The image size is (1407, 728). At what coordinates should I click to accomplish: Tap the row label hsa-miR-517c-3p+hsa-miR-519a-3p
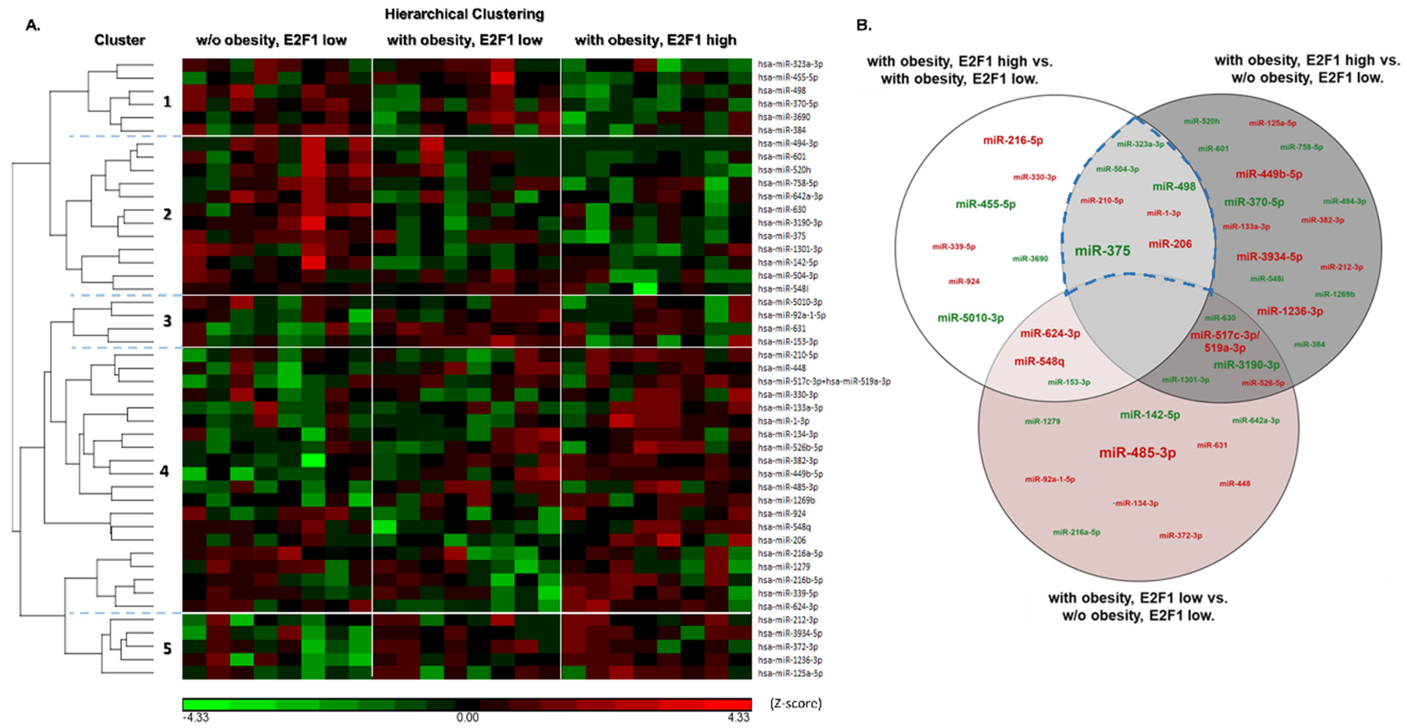824,381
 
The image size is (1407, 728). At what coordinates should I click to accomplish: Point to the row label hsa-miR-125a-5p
790,673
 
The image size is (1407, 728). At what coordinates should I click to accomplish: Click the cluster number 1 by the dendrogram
167,102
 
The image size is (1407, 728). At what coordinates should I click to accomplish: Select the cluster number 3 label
167,321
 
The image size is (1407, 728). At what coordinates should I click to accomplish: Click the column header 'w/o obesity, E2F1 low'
271,40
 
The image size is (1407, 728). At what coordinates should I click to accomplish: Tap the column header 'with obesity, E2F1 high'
655,40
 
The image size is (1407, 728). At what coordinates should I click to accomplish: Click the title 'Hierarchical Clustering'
464,14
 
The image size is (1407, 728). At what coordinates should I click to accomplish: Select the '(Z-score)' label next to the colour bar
795,704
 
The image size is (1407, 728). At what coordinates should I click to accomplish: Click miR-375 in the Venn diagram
1102,251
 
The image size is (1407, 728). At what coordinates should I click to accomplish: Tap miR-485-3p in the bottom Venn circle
1137,453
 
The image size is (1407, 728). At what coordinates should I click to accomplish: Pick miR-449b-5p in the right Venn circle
1269,174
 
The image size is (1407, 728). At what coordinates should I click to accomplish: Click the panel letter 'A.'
33,25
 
